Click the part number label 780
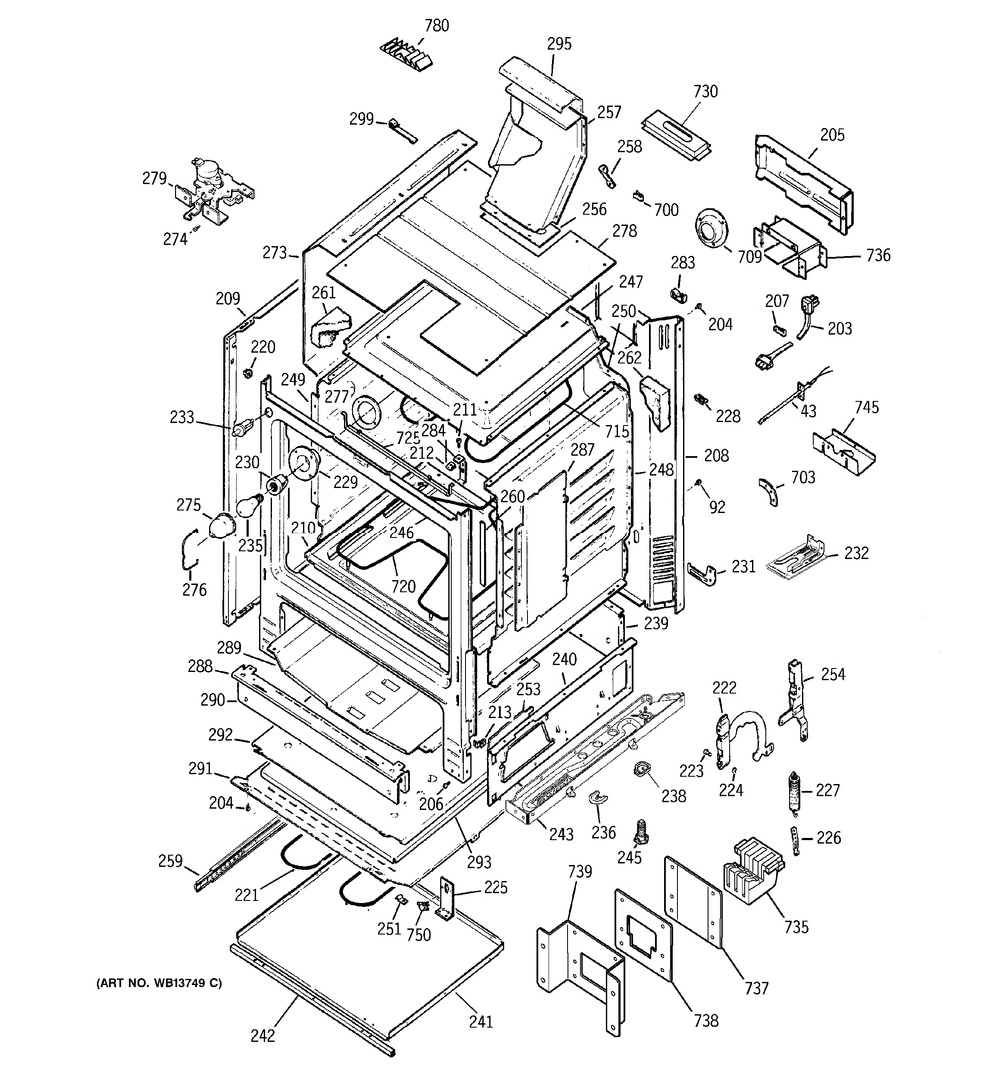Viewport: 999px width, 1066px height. click(x=410, y=25)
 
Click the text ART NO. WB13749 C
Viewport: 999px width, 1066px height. click(x=159, y=984)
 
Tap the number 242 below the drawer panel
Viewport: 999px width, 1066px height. click(x=262, y=1038)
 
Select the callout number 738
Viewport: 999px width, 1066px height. click(x=706, y=1021)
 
